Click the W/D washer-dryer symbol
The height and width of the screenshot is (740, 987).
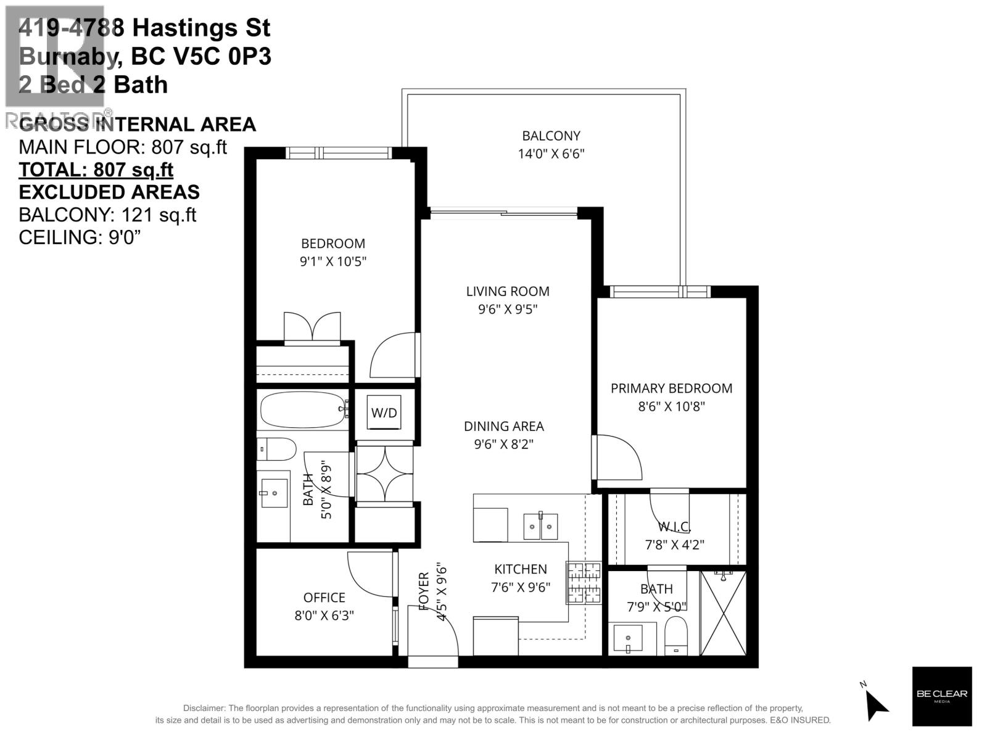tap(384, 413)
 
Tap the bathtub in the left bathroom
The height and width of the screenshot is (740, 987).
tap(302, 409)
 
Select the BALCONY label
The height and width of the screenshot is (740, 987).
tap(551, 136)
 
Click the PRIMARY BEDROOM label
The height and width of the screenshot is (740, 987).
tap(671, 388)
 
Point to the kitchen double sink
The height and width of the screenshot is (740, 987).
tap(540, 526)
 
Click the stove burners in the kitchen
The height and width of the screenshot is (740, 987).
tap(584, 583)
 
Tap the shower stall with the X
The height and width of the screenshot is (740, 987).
tap(724, 613)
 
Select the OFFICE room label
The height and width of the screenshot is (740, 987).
tap(324, 598)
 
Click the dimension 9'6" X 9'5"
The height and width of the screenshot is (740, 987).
tap(508, 310)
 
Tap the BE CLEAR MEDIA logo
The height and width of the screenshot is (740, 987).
tap(942, 696)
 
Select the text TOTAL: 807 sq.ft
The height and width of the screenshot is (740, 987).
tap(96, 170)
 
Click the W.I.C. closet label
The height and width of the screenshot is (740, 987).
tap(674, 527)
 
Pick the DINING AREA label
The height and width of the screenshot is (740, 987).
tap(503, 426)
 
